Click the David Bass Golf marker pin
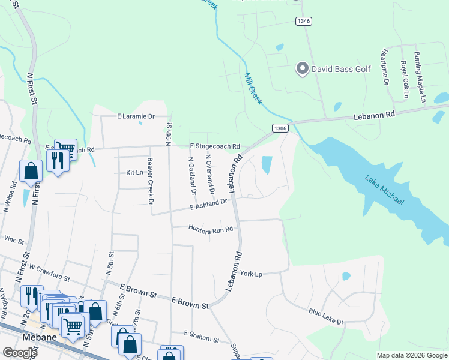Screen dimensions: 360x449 point(303,69)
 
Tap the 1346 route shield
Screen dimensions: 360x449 point(303,21)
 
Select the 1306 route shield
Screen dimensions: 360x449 point(280,128)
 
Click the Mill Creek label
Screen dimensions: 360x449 point(253,89)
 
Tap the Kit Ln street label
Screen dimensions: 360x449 point(134,172)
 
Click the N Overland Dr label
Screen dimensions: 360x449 point(209,175)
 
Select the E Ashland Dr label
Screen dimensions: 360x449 point(208,205)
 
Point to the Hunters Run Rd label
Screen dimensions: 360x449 point(210,229)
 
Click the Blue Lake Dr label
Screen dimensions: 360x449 point(326,317)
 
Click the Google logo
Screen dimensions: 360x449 point(20,352)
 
